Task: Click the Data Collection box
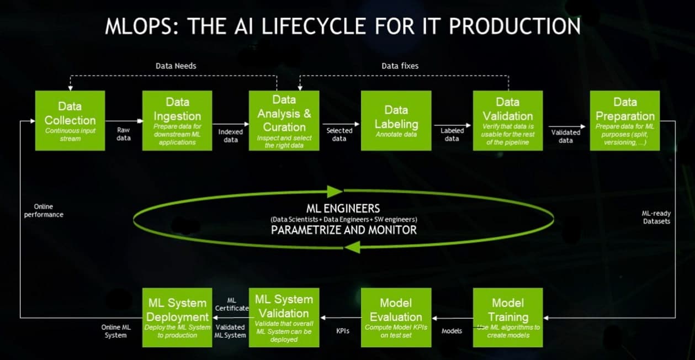[x=70, y=120]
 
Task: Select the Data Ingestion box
[x=177, y=120]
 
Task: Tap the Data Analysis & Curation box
[x=284, y=120]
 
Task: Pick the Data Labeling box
[x=396, y=120]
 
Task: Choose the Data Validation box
[x=507, y=120]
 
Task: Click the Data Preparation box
[x=625, y=120]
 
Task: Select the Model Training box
[x=507, y=317]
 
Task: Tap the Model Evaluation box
[x=396, y=317]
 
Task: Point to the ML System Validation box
[x=284, y=317]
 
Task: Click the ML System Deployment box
[x=177, y=317]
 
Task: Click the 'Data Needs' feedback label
[x=176, y=66]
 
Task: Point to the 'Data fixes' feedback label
[x=400, y=66]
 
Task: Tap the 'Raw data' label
[x=124, y=134]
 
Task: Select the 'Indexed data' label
[x=230, y=136]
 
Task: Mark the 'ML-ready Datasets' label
[x=656, y=217]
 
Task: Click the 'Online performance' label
[x=44, y=210]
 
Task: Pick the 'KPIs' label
[x=343, y=331]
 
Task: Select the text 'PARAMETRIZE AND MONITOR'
[x=343, y=230]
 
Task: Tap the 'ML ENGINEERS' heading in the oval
[x=343, y=208]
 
